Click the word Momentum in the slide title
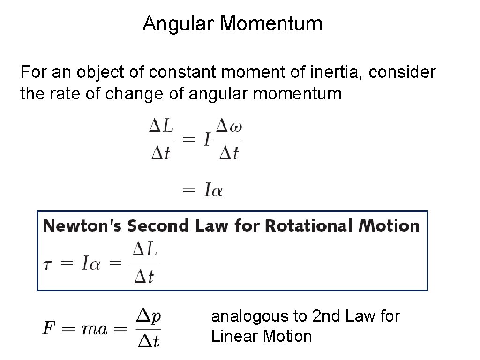[271, 23]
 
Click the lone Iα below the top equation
[213, 190]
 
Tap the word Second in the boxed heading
[156, 226]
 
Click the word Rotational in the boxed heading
[310, 226]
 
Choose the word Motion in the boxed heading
[390, 226]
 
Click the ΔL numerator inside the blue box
[145, 250]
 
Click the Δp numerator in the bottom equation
[149, 315]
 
